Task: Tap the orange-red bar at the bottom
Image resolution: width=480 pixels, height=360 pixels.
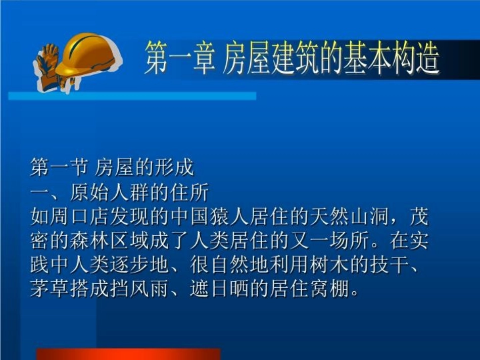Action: (128, 354)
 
